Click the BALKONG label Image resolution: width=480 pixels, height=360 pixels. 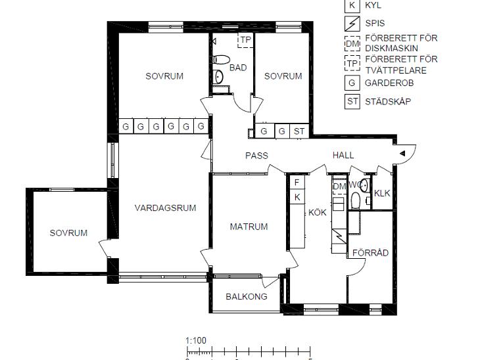(247, 296)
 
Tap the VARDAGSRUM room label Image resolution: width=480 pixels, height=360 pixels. (165, 208)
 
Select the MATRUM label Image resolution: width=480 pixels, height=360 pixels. (249, 227)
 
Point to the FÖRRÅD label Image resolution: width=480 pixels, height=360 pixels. (370, 253)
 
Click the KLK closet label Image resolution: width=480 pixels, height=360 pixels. (382, 193)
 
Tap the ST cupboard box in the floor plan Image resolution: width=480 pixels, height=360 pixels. (299, 131)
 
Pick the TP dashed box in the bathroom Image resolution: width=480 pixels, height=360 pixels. (245, 40)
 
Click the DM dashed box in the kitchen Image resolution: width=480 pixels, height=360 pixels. (339, 187)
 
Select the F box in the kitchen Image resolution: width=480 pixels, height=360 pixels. (297, 183)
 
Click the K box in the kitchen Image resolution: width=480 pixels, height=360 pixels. (297, 197)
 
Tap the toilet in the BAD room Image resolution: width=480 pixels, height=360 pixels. (221, 59)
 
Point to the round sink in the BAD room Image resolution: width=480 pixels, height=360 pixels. (218, 77)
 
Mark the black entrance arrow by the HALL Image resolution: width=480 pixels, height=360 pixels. (402, 153)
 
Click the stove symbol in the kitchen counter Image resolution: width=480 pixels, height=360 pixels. (339, 236)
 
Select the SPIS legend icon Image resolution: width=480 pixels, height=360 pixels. (352, 24)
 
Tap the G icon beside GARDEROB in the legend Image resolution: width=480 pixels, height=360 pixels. (352, 83)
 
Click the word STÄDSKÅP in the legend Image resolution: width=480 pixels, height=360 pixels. (388, 101)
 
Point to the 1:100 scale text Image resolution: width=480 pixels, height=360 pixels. (196, 340)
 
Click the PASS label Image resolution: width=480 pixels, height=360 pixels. (256, 156)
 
